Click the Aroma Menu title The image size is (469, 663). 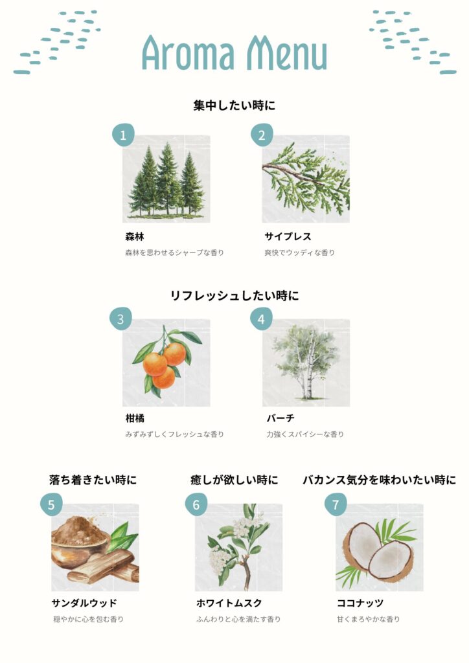234,53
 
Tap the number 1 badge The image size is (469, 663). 123,135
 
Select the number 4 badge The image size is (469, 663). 261,319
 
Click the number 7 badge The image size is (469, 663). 336,504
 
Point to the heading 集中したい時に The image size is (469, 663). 234,106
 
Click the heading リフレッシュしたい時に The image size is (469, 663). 234,295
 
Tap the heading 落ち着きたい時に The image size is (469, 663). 93,480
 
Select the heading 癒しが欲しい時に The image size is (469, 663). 234,480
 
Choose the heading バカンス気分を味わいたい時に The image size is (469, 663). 380,480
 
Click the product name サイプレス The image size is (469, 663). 288,236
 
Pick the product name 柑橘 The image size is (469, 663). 135,418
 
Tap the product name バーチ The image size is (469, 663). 280,418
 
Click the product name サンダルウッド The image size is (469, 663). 84,603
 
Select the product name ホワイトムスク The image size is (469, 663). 229,603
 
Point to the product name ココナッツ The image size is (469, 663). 360,603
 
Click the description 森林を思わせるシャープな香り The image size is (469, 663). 175,253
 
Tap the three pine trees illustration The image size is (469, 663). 166,181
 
